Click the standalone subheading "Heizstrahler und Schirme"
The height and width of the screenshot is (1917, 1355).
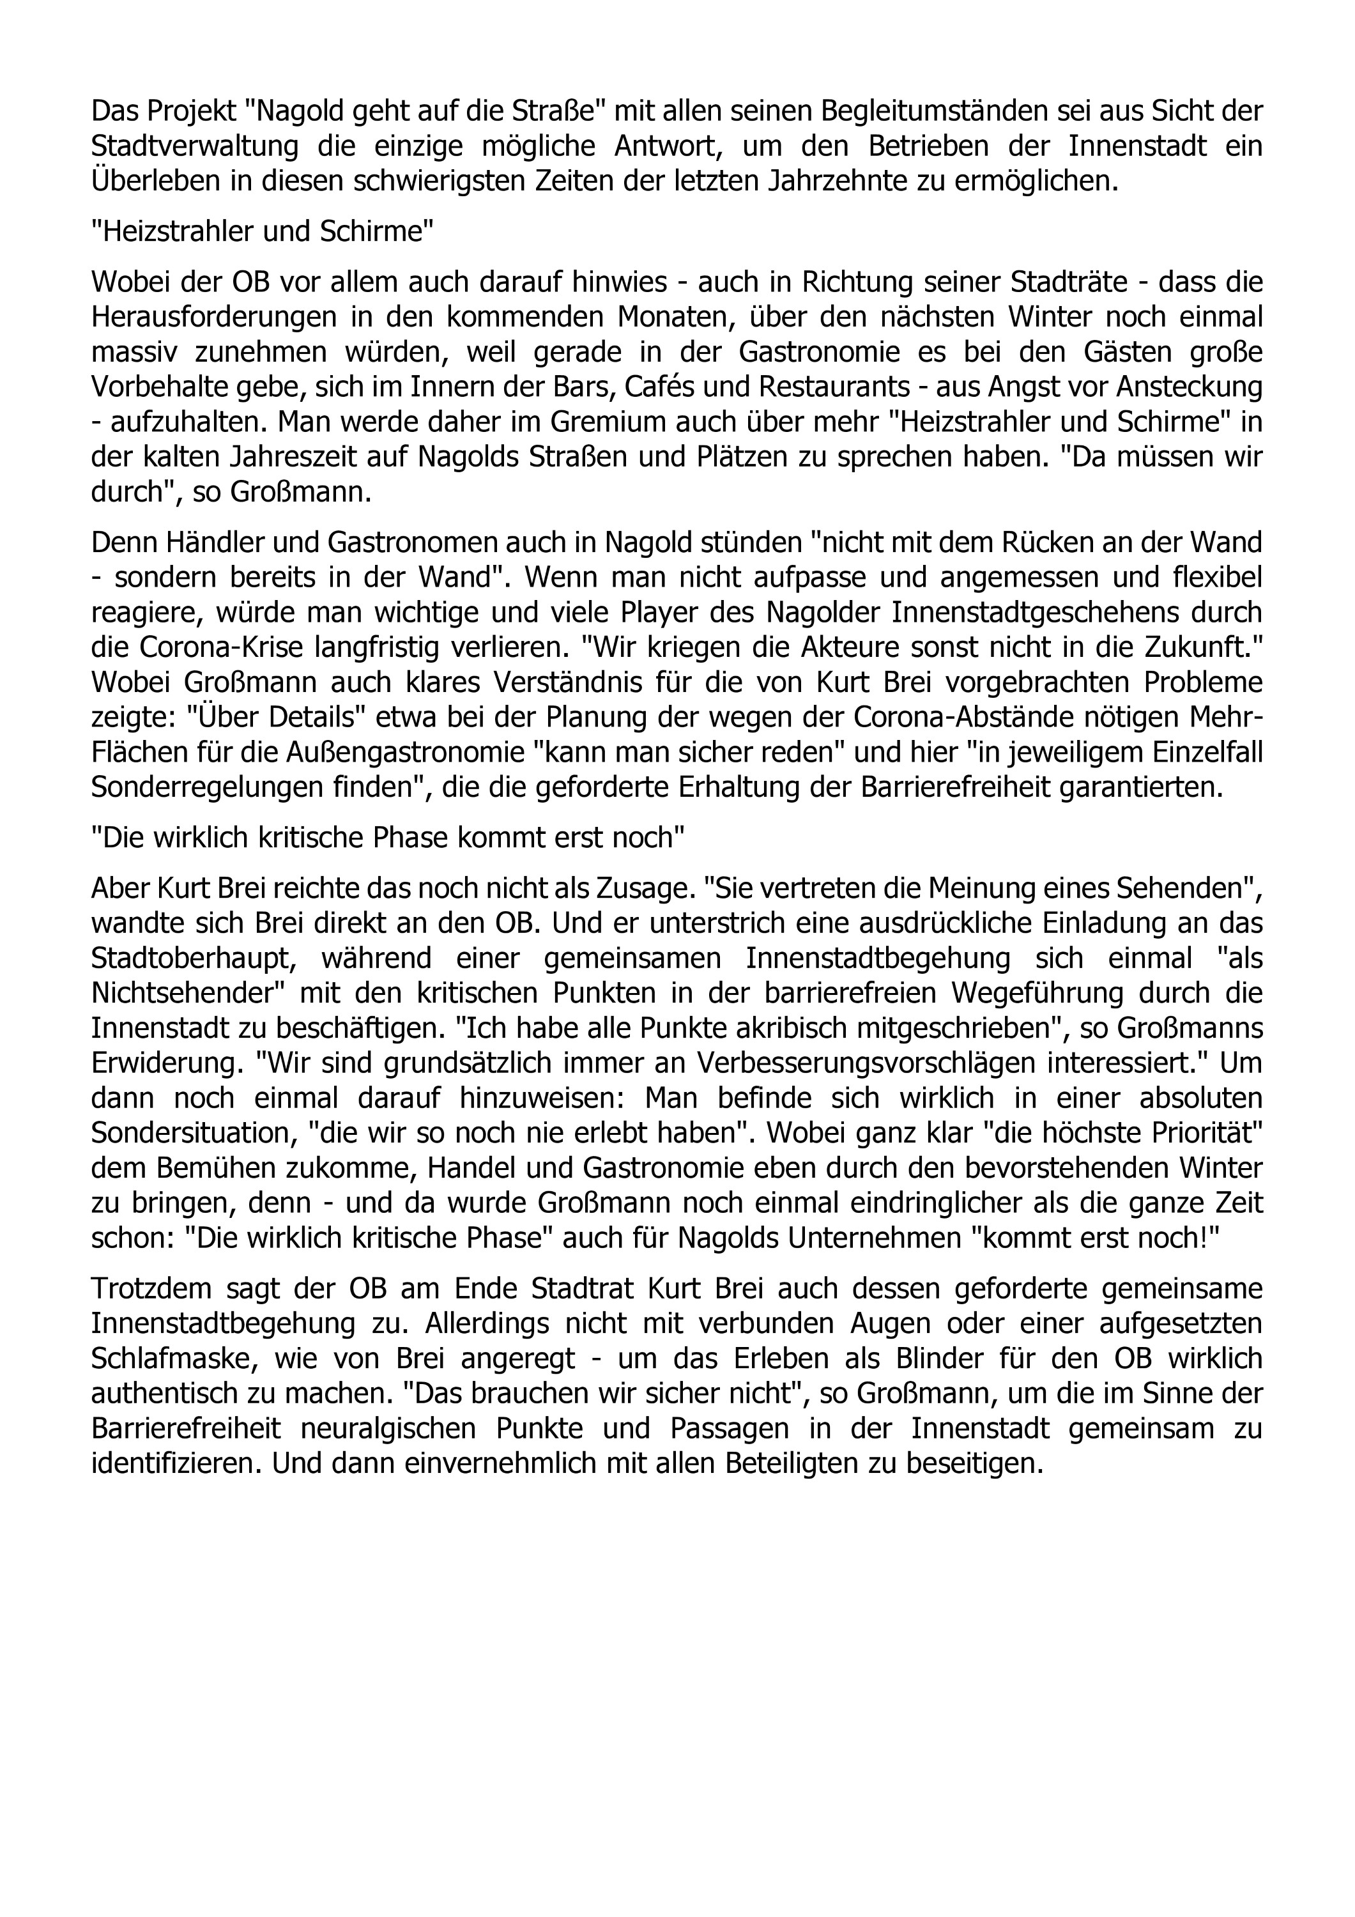point(262,231)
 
